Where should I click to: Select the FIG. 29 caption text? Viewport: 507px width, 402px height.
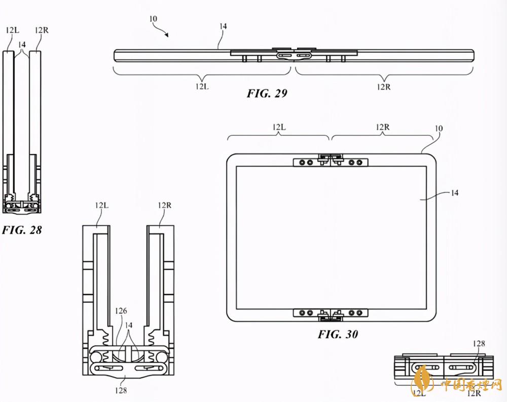(x=267, y=93)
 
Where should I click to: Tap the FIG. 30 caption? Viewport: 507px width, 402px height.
(x=338, y=334)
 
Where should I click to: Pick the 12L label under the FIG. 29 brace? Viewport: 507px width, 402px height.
(x=202, y=86)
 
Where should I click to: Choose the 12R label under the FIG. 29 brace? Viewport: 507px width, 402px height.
(x=383, y=87)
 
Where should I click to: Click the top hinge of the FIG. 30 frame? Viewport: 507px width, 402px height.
(x=331, y=160)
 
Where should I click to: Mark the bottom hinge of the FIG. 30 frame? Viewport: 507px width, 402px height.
(x=331, y=314)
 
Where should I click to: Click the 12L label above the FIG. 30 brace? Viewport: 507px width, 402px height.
(x=279, y=127)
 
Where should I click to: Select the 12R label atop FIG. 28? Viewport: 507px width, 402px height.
(x=42, y=30)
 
